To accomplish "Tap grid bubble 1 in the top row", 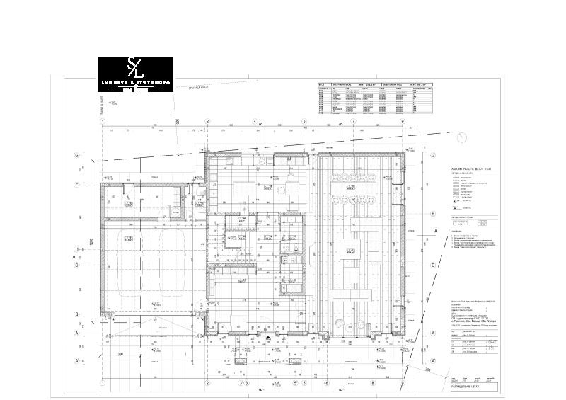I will click(x=103, y=122).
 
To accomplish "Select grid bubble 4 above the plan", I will click(x=254, y=122).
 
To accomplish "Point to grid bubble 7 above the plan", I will click(x=353, y=122).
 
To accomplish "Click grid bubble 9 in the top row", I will click(x=402, y=122).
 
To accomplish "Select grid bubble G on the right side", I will click(x=432, y=154).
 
